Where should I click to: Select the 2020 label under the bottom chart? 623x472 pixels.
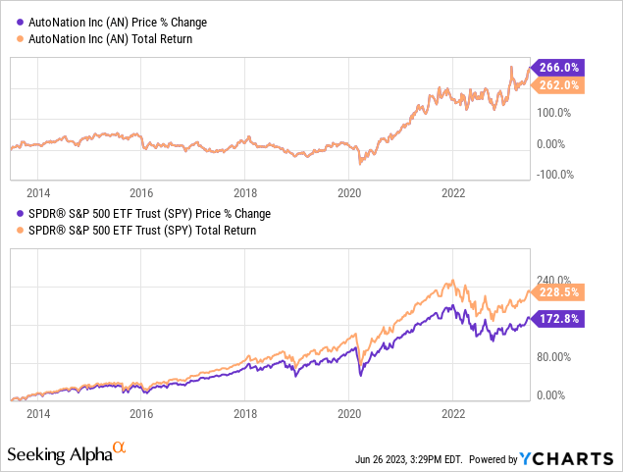350,414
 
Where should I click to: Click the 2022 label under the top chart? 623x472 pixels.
452,192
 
